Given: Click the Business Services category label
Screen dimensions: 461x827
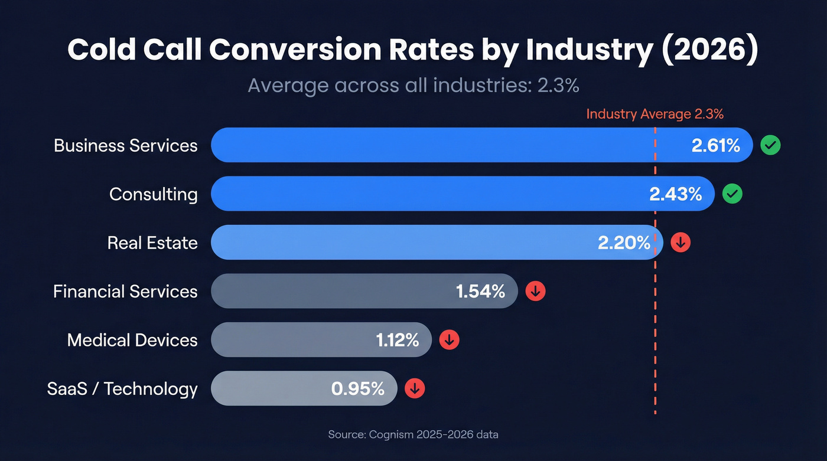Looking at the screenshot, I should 125,145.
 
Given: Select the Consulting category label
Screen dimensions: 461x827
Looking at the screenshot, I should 153,194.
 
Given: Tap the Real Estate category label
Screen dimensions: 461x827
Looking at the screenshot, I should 152,243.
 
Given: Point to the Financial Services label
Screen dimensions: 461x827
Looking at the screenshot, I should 125,291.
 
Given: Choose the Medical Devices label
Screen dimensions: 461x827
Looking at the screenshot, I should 132,340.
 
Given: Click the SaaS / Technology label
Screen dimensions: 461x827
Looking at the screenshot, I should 122,388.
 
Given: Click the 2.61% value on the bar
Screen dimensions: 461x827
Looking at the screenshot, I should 716,145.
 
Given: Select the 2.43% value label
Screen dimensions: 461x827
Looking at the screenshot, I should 676,194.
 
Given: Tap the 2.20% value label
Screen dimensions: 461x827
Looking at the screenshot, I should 624,243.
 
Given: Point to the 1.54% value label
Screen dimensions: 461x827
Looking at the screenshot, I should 480,291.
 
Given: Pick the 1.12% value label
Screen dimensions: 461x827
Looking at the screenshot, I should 398,340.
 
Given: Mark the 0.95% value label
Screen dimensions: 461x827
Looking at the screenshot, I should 358,388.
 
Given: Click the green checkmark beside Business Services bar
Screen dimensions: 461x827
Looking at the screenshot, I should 770,145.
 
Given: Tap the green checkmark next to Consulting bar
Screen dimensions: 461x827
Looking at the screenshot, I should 732,194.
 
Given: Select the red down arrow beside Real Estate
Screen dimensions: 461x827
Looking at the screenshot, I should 681,242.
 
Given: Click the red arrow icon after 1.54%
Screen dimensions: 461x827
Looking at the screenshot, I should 536,290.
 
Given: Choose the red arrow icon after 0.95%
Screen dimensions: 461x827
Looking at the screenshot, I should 415,388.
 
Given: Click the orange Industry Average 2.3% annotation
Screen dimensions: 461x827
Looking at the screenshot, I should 655,114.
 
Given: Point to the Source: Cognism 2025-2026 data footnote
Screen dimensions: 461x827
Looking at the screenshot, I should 413,434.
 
